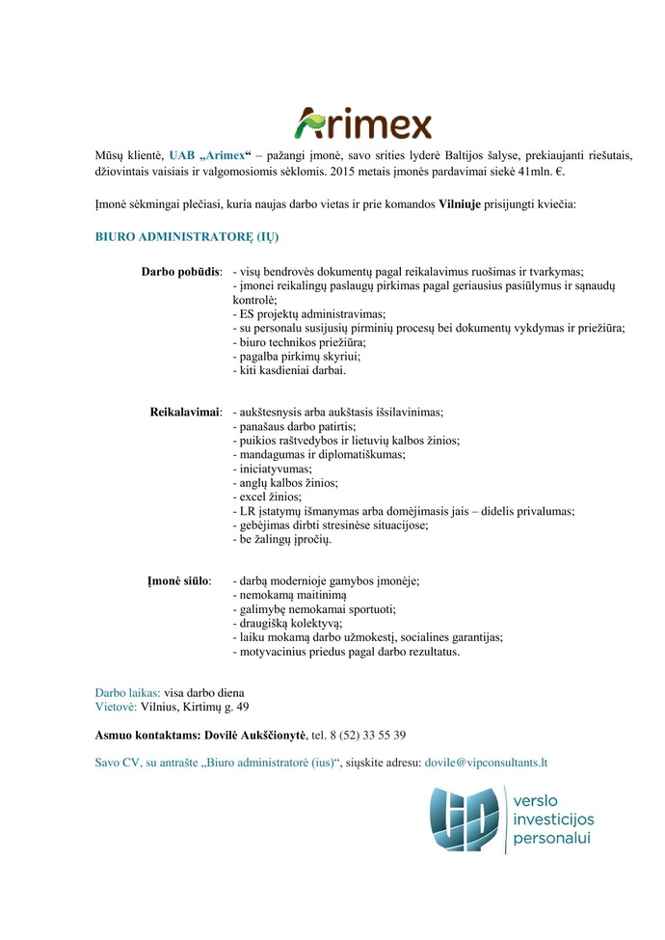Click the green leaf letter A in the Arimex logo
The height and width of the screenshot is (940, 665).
point(310,122)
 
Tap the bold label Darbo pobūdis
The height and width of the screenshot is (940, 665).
point(182,272)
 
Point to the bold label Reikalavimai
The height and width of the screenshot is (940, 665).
point(186,412)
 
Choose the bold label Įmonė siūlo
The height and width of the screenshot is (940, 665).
point(177,581)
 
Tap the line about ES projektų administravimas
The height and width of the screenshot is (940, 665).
point(309,314)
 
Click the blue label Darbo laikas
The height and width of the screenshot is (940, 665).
point(127,692)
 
